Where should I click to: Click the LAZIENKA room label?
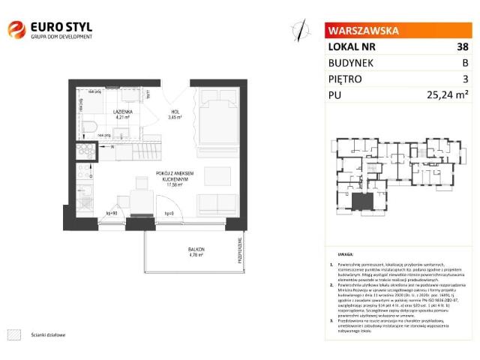pos(123,110)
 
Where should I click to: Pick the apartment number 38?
pos(463,46)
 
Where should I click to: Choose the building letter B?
pos(466,63)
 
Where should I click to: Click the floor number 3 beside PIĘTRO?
pos(466,79)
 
